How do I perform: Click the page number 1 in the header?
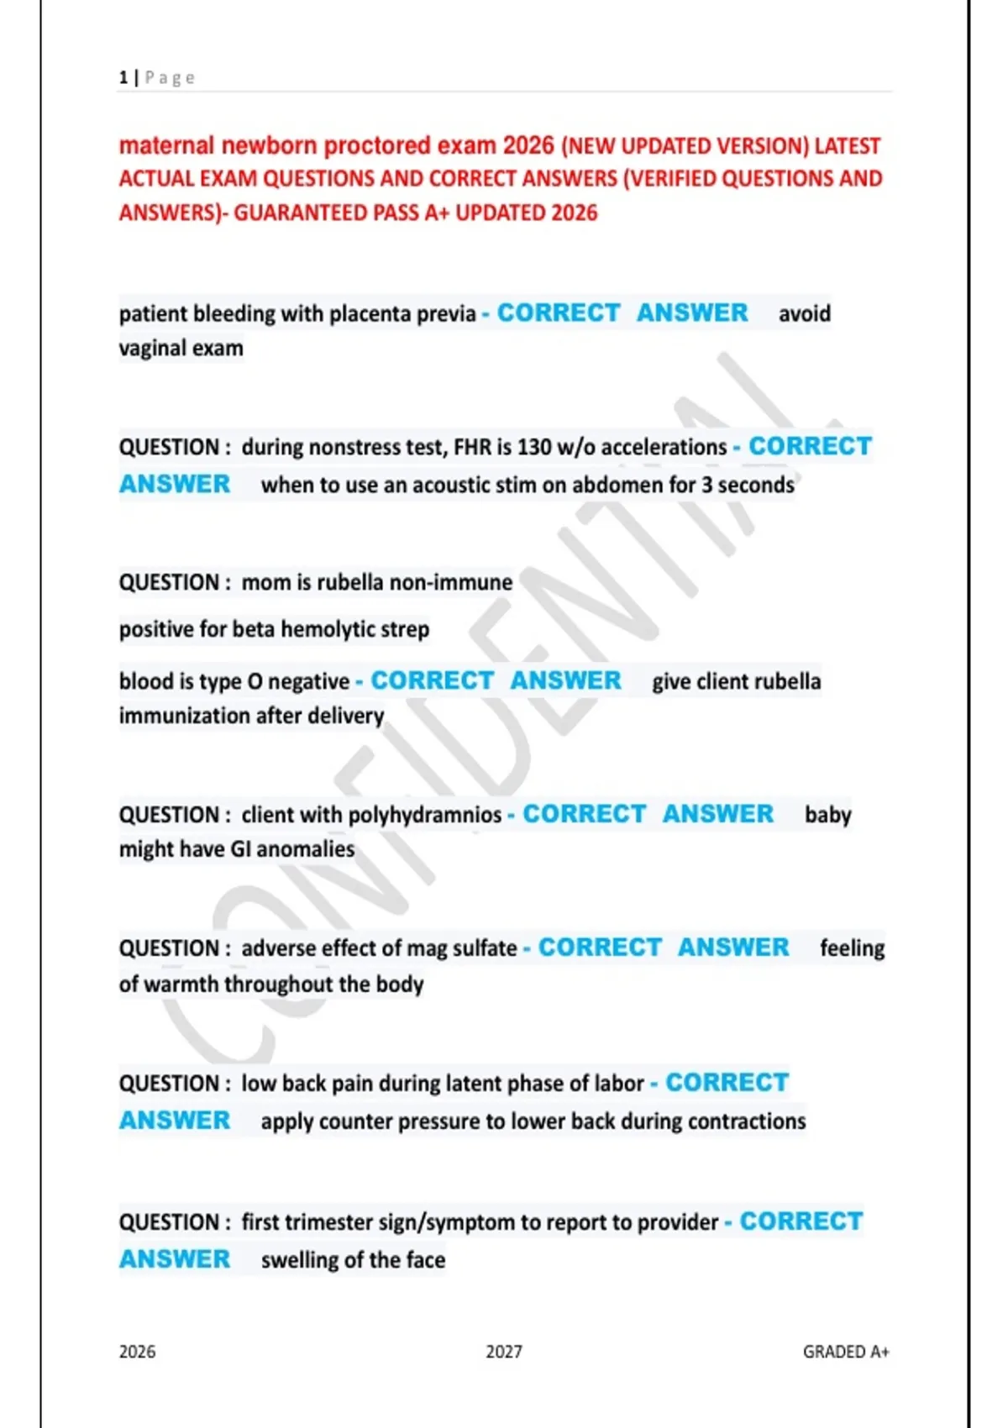123,78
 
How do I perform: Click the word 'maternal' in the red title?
166,146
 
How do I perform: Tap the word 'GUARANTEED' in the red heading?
300,213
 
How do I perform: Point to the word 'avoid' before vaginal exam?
804,314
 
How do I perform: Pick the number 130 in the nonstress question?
533,448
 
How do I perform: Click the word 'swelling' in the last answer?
300,1261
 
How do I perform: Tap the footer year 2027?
503,1352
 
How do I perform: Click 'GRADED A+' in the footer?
845,1352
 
